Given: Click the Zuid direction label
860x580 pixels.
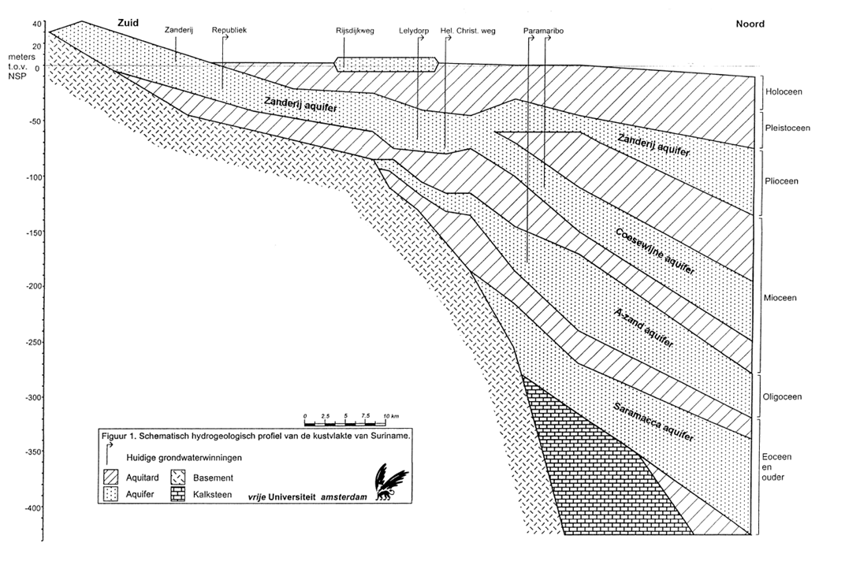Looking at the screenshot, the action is tap(127, 23).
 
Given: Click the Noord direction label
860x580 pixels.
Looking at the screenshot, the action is tap(750, 24).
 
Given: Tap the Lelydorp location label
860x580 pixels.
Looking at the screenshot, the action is tap(414, 31).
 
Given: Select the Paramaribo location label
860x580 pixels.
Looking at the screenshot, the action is tap(543, 31).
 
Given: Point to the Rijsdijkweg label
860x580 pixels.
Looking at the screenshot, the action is tap(355, 31).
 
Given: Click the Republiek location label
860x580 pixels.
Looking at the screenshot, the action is tap(229, 30).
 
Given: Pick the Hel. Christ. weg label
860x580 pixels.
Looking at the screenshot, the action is tap(468, 31).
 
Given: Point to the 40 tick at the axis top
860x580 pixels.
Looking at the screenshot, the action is tap(37, 24).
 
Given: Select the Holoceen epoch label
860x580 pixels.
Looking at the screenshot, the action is tap(784, 91).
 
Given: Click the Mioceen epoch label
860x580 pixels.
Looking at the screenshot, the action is tap(780, 298).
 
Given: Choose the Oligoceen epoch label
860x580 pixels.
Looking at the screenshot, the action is tap(782, 397).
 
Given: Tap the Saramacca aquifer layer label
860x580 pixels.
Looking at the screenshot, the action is tap(653, 422).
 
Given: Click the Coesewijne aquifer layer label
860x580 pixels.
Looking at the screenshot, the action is tap(655, 251).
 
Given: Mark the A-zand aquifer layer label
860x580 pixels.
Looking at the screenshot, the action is tap(643, 327).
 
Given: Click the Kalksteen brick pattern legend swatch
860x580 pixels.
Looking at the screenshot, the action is tap(178, 494).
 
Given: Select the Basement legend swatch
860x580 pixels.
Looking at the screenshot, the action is tap(178, 478).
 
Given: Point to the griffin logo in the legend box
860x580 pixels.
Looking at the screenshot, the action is tap(390, 482).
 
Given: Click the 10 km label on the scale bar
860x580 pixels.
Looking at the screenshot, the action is tap(391, 417).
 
